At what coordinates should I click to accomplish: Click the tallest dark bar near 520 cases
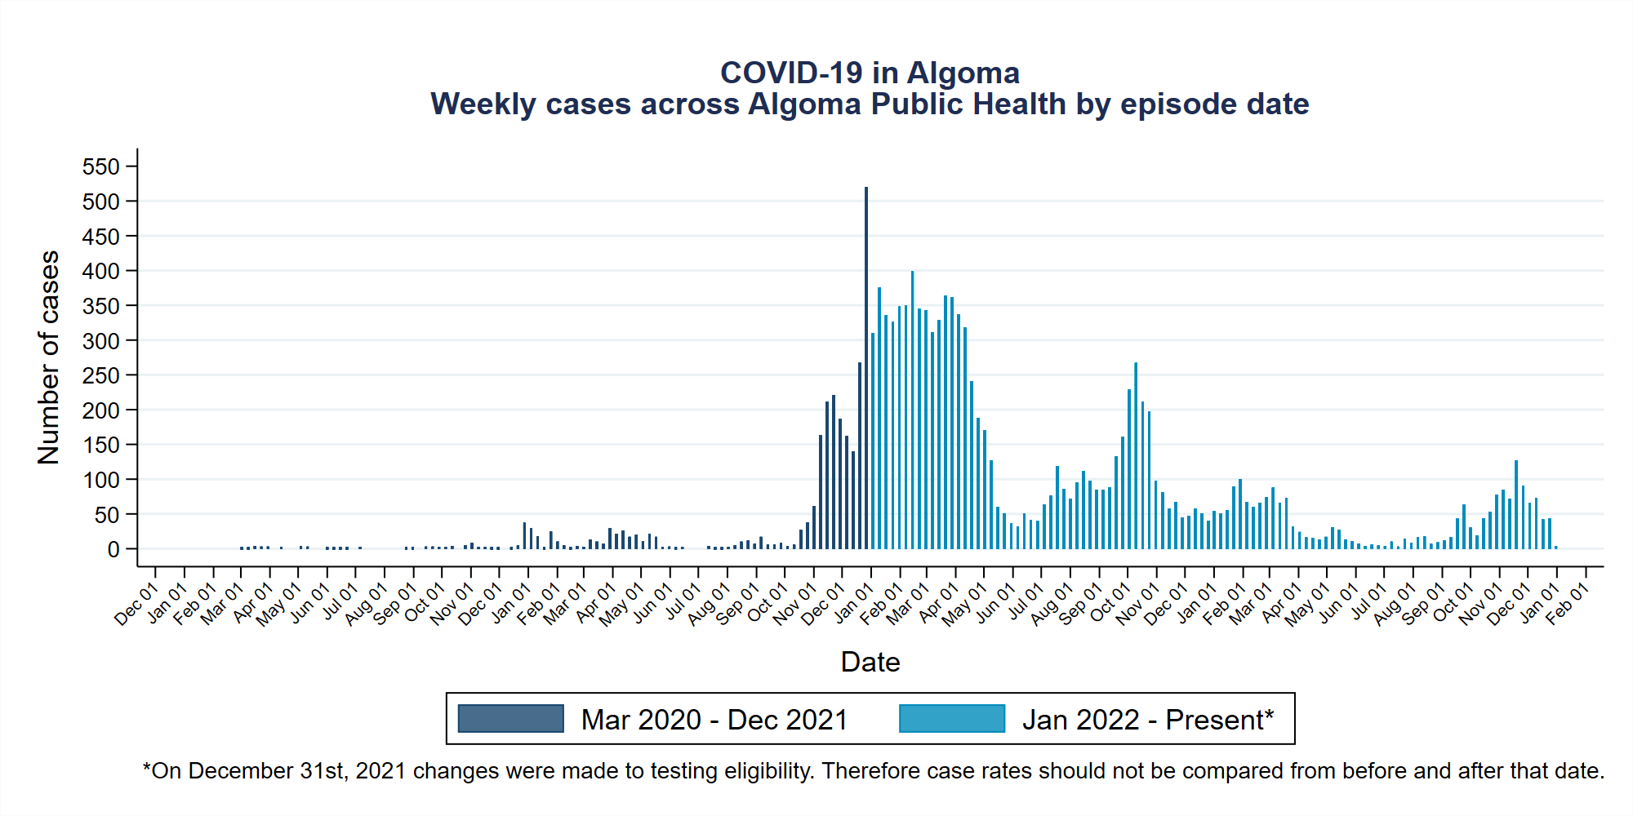click(866, 367)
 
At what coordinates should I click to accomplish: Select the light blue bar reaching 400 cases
click(912, 408)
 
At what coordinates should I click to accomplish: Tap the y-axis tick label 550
click(101, 166)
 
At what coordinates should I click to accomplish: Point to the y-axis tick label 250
click(101, 375)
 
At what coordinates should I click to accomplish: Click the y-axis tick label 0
click(113, 550)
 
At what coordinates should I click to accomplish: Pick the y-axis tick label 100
click(101, 480)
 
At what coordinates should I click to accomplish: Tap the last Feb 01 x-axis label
click(1567, 605)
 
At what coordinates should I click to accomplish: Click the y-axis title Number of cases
click(49, 357)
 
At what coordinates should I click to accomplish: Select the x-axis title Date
click(870, 662)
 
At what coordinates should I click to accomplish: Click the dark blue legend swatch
click(510, 719)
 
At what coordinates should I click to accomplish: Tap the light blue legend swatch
click(951, 719)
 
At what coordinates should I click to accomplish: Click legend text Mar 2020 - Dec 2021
click(714, 720)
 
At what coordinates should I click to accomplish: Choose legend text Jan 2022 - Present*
click(1147, 720)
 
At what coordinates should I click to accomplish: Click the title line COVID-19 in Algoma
click(870, 73)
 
